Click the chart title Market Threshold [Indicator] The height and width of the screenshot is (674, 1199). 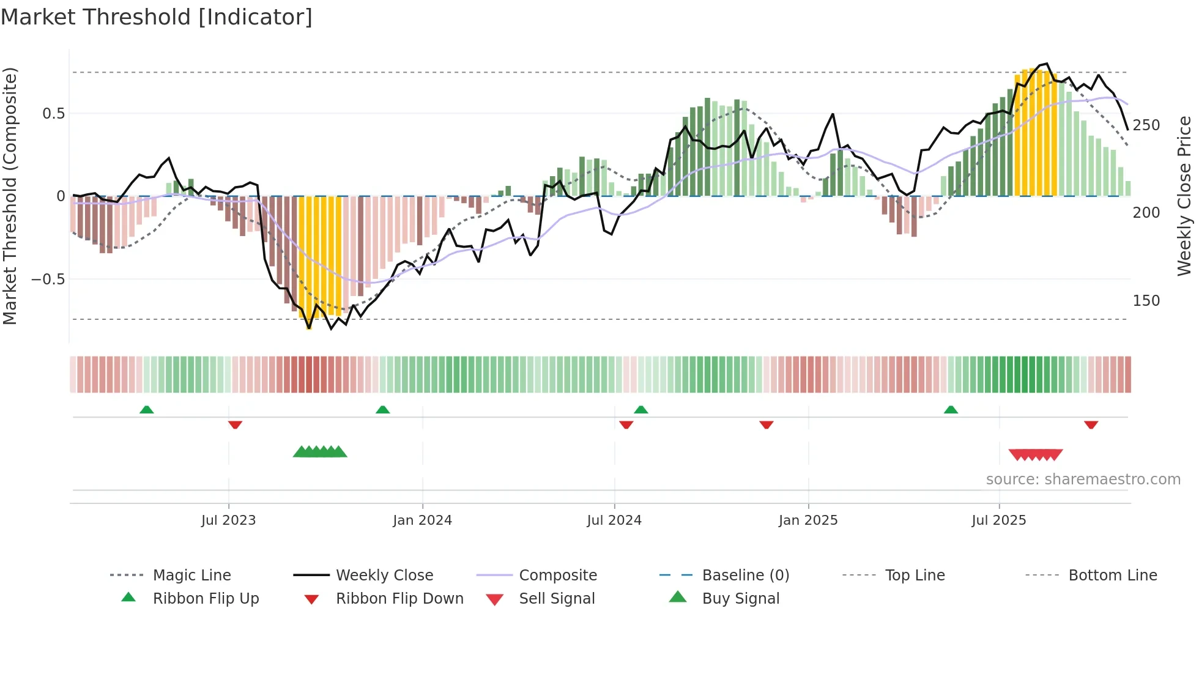(x=157, y=17)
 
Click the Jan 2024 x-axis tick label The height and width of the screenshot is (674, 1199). (x=422, y=520)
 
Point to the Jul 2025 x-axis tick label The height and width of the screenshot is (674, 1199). (x=998, y=520)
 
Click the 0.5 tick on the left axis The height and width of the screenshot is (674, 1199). (x=53, y=114)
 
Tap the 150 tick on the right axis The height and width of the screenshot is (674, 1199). (x=1146, y=301)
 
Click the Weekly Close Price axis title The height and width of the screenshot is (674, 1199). (x=1184, y=196)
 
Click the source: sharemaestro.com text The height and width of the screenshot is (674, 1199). (x=1083, y=480)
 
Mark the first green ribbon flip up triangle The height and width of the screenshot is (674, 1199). (x=146, y=410)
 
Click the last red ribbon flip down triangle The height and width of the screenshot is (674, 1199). (x=1091, y=424)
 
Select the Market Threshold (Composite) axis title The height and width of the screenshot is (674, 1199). (x=10, y=196)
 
